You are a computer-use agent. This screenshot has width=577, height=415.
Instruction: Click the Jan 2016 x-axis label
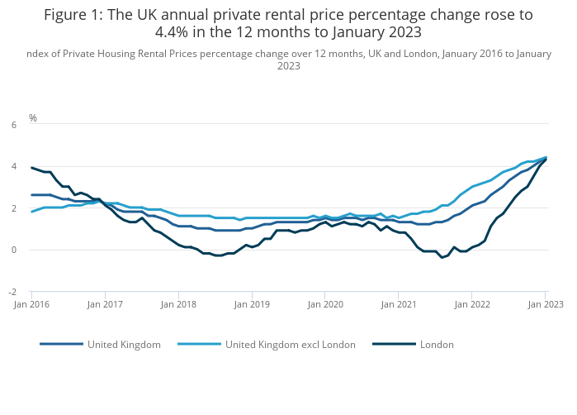click(31, 304)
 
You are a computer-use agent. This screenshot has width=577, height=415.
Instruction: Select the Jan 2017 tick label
click(105, 304)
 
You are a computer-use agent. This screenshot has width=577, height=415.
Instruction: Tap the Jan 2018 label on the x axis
click(178, 304)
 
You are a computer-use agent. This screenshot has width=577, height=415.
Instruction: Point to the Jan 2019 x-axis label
click(252, 304)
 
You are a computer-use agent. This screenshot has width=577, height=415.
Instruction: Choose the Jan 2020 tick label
click(325, 304)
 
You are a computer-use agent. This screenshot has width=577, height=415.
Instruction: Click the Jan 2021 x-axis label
click(399, 304)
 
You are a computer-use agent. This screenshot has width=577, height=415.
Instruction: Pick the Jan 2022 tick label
click(472, 304)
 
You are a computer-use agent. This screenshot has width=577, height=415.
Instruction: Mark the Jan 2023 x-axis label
click(545, 304)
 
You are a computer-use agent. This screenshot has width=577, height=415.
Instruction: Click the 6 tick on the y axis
click(13, 125)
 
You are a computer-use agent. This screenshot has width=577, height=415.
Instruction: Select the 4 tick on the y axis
click(13, 166)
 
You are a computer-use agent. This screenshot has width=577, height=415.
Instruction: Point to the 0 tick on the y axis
click(13, 250)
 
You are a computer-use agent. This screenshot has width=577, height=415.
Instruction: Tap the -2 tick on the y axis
click(12, 292)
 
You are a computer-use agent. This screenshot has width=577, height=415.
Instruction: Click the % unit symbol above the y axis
click(33, 118)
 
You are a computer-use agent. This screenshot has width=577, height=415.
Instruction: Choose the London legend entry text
click(437, 345)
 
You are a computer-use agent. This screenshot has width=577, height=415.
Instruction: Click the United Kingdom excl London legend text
click(291, 345)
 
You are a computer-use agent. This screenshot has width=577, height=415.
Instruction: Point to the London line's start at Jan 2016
click(32, 168)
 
